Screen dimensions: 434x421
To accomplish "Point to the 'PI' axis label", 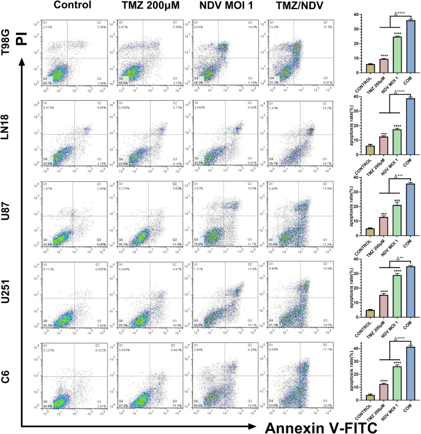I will click(x=23, y=39).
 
